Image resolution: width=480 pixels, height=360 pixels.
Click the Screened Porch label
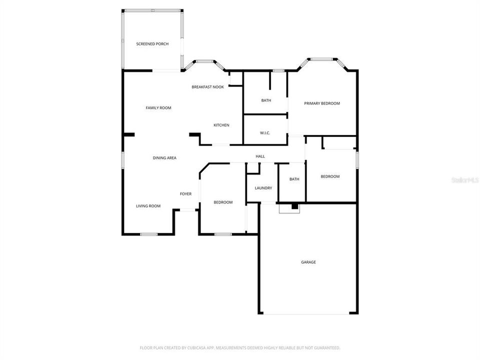pos(152,44)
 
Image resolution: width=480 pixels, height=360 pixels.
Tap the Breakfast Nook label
pos(207,87)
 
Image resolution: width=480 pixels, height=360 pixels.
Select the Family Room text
pos(158,108)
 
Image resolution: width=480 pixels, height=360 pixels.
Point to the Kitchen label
pos(221,125)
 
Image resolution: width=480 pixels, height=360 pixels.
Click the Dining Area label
pos(164,158)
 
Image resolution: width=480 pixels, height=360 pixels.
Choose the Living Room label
pos(148,206)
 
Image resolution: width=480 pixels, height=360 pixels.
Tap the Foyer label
pos(186,194)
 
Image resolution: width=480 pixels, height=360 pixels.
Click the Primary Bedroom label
pos(322,103)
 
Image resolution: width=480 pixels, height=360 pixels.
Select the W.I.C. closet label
pos(265,133)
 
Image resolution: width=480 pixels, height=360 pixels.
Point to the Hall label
pos(260,156)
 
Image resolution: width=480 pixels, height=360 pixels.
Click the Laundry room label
pos(263,188)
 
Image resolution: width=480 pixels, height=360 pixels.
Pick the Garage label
pos(308,262)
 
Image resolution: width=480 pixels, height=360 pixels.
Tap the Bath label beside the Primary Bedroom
pos(266,100)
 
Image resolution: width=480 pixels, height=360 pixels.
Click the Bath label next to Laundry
pos(294,179)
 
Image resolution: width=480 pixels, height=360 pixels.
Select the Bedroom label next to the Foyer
pos(223,202)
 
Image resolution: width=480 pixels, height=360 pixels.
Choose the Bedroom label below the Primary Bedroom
pos(330,176)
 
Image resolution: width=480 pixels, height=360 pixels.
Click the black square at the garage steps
pos(294,206)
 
